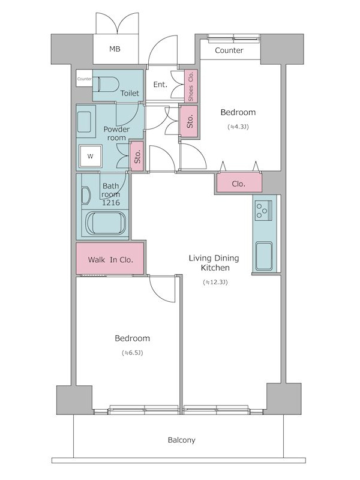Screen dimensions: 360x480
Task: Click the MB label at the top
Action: pyautogui.click(x=115, y=49)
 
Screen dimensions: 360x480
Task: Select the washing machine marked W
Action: pyautogui.click(x=90, y=157)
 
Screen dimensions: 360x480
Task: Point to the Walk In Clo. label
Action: pyautogui.click(x=110, y=260)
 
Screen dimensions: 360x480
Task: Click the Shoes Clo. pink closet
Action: pyautogui.click(x=191, y=86)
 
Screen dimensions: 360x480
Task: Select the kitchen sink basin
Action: pyautogui.click(x=264, y=256)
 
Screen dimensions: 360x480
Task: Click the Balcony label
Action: pyautogui.click(x=182, y=440)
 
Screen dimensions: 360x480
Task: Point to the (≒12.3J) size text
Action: pyautogui.click(x=215, y=282)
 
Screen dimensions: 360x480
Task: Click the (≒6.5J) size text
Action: pyautogui.click(x=132, y=353)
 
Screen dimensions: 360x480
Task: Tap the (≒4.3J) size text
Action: pyautogui.click(x=238, y=127)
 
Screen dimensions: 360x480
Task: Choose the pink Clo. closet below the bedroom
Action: pyautogui.click(x=239, y=183)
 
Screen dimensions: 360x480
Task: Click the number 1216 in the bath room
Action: pyautogui.click(x=111, y=203)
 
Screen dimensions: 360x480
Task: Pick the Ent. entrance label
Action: pyautogui.click(x=160, y=85)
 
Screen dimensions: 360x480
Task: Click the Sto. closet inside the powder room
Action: pyautogui.click(x=137, y=156)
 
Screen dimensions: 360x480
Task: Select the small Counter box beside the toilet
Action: pyautogui.click(x=84, y=79)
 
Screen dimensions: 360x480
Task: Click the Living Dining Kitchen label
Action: pyautogui.click(x=214, y=263)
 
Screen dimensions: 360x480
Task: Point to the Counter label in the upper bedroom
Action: pyautogui.click(x=229, y=50)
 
